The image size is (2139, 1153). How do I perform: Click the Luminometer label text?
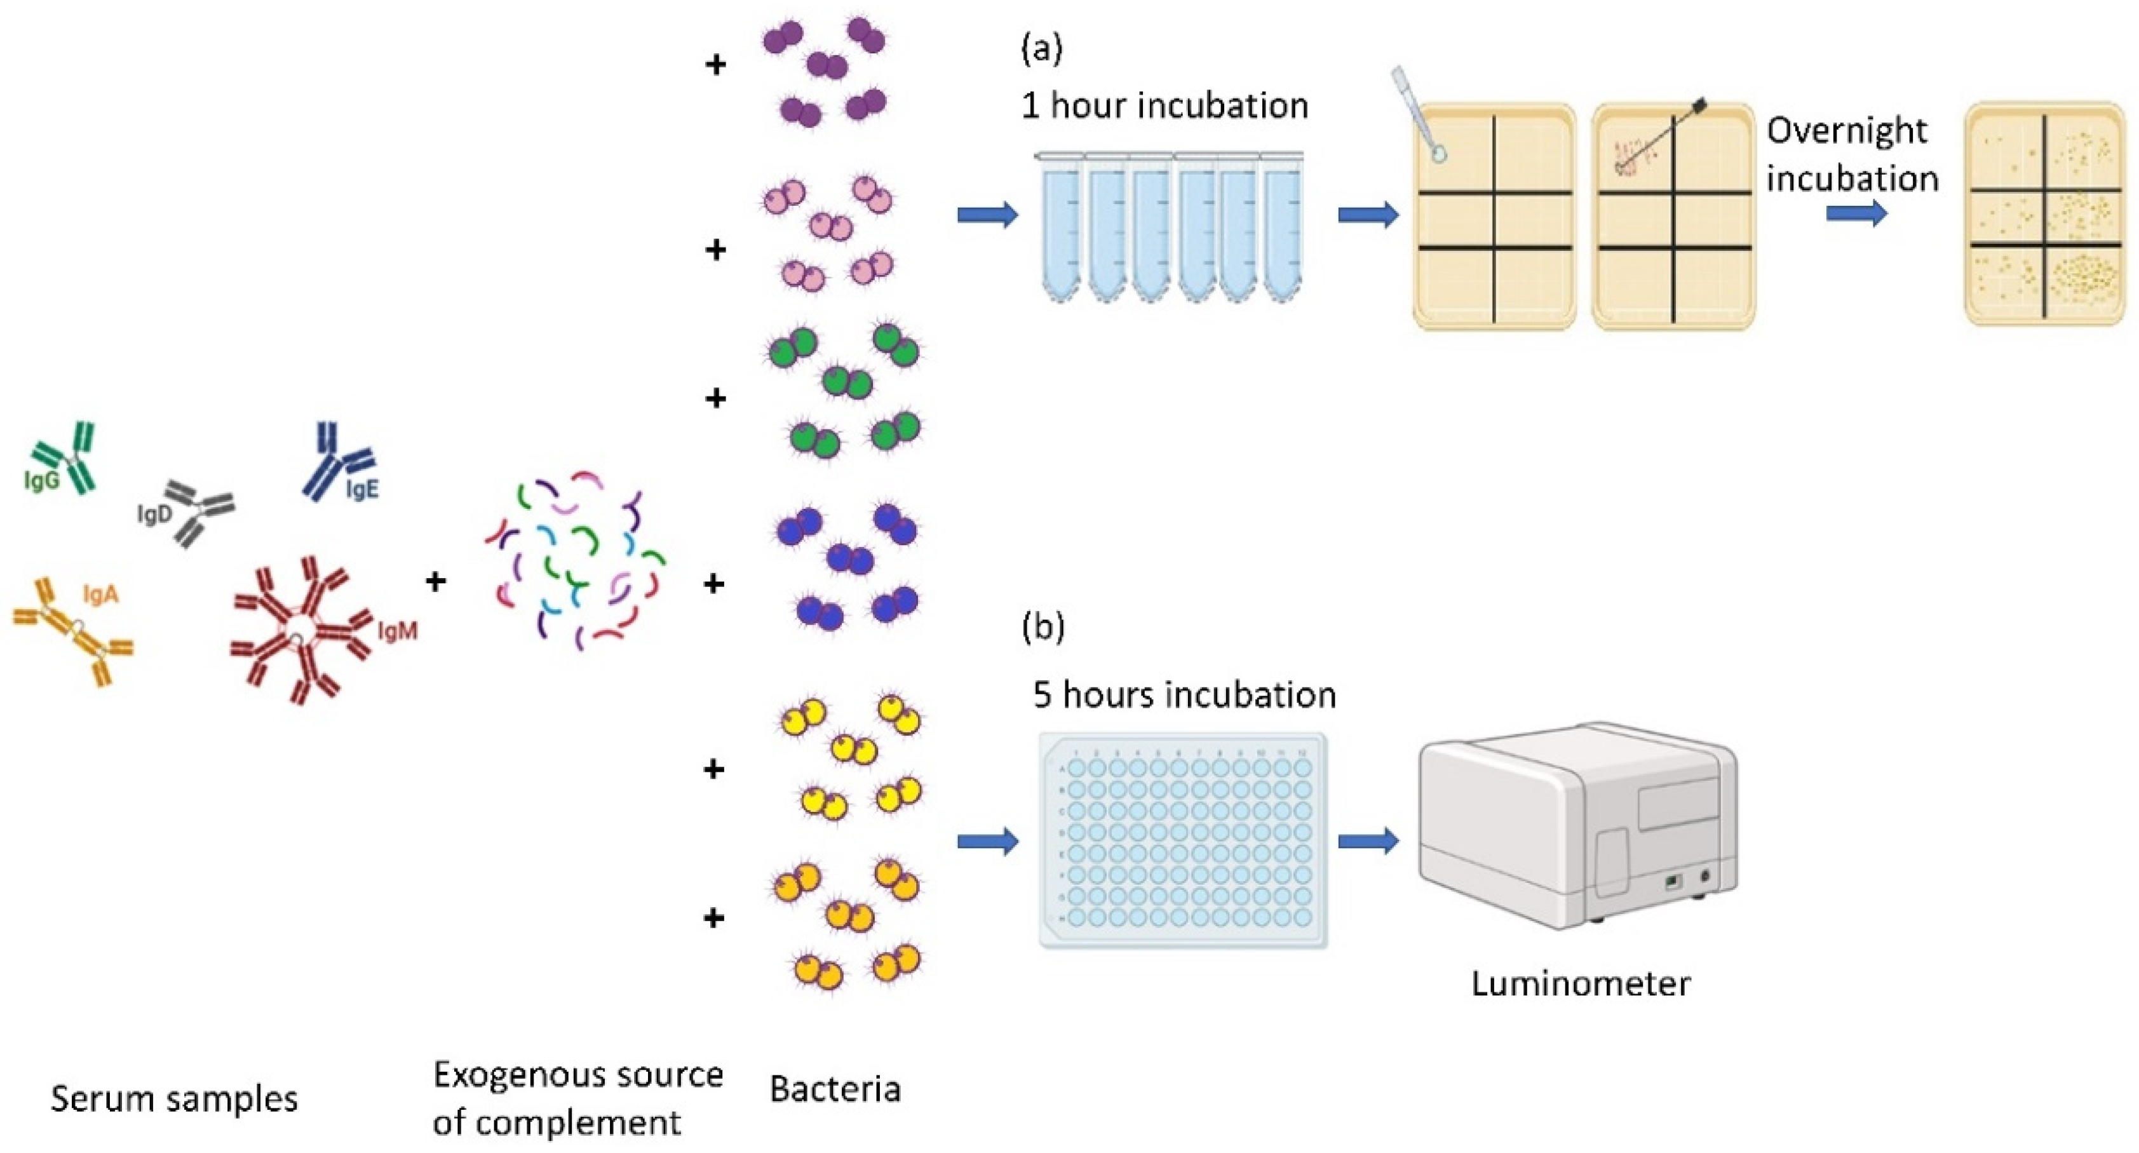coord(1580,983)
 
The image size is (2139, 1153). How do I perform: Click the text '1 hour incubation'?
coord(1164,106)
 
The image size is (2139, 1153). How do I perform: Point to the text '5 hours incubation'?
coord(1184,695)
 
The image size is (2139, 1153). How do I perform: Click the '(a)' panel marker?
coord(1041,50)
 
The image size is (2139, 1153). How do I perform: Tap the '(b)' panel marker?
coord(1042,627)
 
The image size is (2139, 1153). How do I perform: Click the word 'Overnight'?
coord(1847,131)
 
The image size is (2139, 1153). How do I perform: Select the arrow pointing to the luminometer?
coord(1368,841)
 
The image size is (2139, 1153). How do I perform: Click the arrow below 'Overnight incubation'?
coord(1856,213)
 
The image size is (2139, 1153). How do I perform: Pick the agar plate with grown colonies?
coord(2044,214)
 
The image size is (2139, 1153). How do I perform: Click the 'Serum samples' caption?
coord(174,1098)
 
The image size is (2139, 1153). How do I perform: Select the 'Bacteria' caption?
coord(835,1089)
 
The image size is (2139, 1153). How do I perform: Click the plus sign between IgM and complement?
coord(436,581)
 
